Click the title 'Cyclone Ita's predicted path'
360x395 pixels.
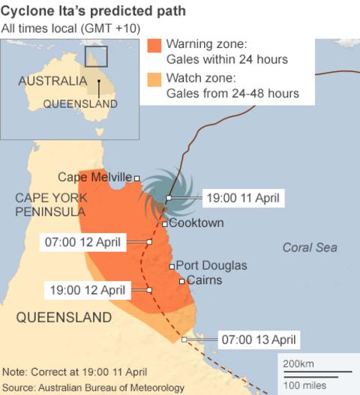(x=94, y=13)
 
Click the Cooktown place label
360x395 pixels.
(x=196, y=223)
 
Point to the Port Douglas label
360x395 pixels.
(x=211, y=266)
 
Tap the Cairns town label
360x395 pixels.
(x=203, y=280)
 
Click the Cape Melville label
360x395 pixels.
(x=94, y=177)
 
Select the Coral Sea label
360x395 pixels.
(x=310, y=247)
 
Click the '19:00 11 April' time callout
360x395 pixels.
(x=242, y=198)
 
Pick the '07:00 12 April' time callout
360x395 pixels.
(x=83, y=242)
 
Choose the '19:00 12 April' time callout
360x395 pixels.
(x=87, y=289)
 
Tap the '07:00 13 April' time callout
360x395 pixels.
(x=258, y=340)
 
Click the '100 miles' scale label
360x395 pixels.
(x=304, y=385)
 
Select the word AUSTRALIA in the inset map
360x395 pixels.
(x=52, y=81)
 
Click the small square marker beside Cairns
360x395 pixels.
(x=181, y=281)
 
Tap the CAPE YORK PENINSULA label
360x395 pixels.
(x=50, y=205)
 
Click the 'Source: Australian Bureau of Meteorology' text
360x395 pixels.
(x=93, y=387)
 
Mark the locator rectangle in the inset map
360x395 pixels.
(x=96, y=57)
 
